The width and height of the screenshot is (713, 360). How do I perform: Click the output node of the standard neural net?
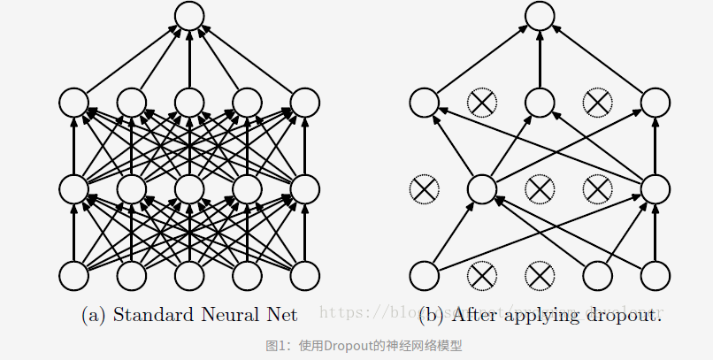click(x=189, y=16)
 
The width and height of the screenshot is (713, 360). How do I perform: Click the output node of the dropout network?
click(x=540, y=16)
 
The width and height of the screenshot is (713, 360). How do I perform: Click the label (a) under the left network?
click(x=95, y=314)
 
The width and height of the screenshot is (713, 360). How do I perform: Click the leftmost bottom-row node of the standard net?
click(x=73, y=275)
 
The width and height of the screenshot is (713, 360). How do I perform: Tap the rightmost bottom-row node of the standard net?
click(x=305, y=275)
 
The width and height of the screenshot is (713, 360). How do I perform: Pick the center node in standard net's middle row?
click(x=189, y=188)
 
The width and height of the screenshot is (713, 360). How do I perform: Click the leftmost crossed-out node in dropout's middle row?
click(x=423, y=188)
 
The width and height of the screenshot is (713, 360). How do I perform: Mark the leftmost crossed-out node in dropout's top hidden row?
click(x=481, y=103)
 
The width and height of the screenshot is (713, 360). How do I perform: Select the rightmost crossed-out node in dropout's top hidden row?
click(x=597, y=103)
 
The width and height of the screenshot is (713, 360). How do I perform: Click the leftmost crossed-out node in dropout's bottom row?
click(x=481, y=275)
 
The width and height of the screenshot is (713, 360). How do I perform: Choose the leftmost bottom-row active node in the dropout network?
click(x=423, y=275)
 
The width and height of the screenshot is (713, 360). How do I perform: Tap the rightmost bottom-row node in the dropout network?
click(x=655, y=275)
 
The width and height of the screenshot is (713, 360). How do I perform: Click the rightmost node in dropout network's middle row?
click(x=655, y=188)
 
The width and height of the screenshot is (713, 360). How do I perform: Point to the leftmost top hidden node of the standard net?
click(x=73, y=103)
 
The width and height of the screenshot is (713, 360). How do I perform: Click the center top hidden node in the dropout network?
click(x=540, y=103)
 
